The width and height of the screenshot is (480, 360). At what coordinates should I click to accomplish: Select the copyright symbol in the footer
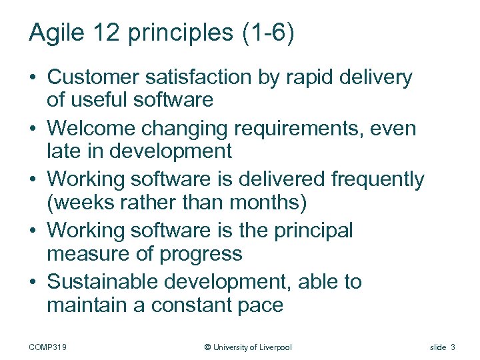(207, 347)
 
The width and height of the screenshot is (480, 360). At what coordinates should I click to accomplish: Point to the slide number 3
(453, 347)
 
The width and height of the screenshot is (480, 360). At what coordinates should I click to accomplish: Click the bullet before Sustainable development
(33, 282)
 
